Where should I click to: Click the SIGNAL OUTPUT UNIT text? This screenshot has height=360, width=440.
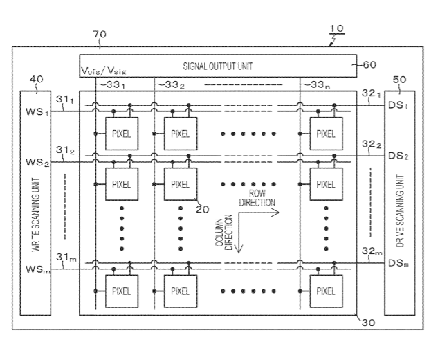[219, 66]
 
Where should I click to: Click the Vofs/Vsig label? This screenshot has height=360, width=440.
[104, 71]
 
